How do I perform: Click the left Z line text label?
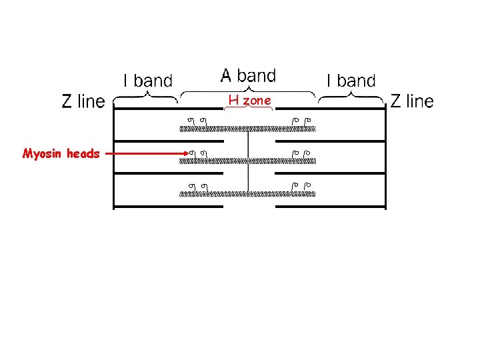pyautogui.click(x=83, y=101)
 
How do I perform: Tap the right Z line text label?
pyautogui.click(x=411, y=101)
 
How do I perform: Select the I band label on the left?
pyautogui.click(x=148, y=81)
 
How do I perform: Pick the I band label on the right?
pyautogui.click(x=351, y=81)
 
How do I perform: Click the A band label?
pyautogui.click(x=248, y=75)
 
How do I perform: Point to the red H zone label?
pyautogui.click(x=249, y=101)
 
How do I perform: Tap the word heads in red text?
pyautogui.click(x=83, y=154)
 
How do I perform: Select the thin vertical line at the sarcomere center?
pyautogui.click(x=248, y=160)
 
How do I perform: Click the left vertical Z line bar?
pyautogui.click(x=115, y=160)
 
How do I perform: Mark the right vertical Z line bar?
pyautogui.click(x=385, y=160)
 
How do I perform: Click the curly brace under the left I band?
pyautogui.click(x=145, y=97)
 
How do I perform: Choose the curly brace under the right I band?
pyautogui.click(x=351, y=97)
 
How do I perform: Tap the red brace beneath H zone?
pyautogui.click(x=248, y=108)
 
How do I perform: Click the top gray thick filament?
pyautogui.click(x=248, y=128)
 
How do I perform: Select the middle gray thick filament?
pyautogui.click(x=248, y=161)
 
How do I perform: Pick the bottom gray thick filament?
pyautogui.click(x=248, y=194)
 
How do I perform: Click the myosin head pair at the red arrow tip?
pyautogui.click(x=196, y=154)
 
